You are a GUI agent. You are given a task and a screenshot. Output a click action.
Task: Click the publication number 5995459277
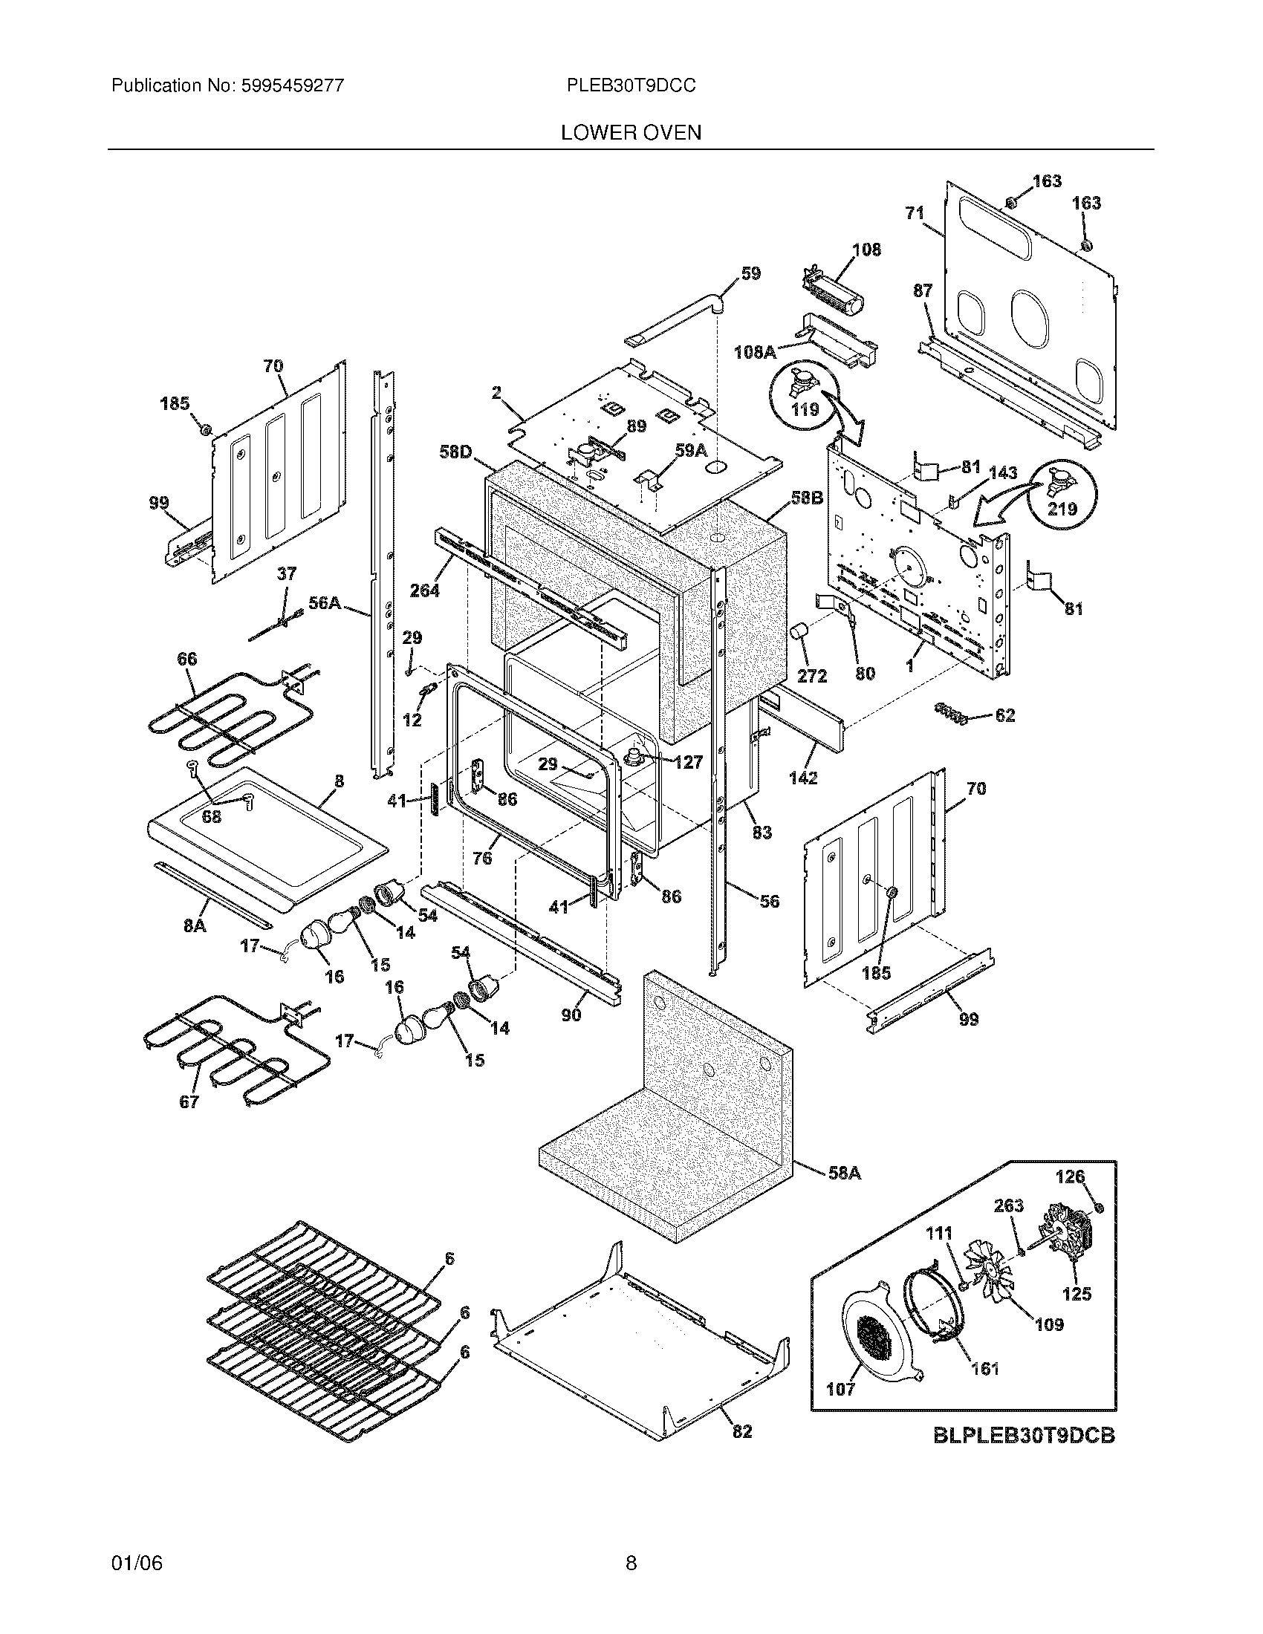pyautogui.click(x=292, y=86)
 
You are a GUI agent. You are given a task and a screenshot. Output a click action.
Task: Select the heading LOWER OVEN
pyautogui.click(x=631, y=133)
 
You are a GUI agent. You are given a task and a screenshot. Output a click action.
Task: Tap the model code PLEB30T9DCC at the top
pyautogui.click(x=631, y=86)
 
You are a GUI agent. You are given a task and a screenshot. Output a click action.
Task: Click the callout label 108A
pyautogui.click(x=754, y=351)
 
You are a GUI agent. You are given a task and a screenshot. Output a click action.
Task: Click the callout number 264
pyautogui.click(x=424, y=590)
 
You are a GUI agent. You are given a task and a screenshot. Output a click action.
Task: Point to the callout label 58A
pyautogui.click(x=845, y=1174)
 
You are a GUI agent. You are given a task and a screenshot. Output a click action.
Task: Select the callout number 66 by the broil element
pyautogui.click(x=187, y=658)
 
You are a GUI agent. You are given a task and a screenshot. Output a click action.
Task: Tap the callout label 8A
pyautogui.click(x=195, y=925)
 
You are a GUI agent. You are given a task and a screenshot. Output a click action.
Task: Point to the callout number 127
pyautogui.click(x=688, y=761)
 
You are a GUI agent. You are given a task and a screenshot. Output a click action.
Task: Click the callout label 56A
pyautogui.click(x=325, y=603)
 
